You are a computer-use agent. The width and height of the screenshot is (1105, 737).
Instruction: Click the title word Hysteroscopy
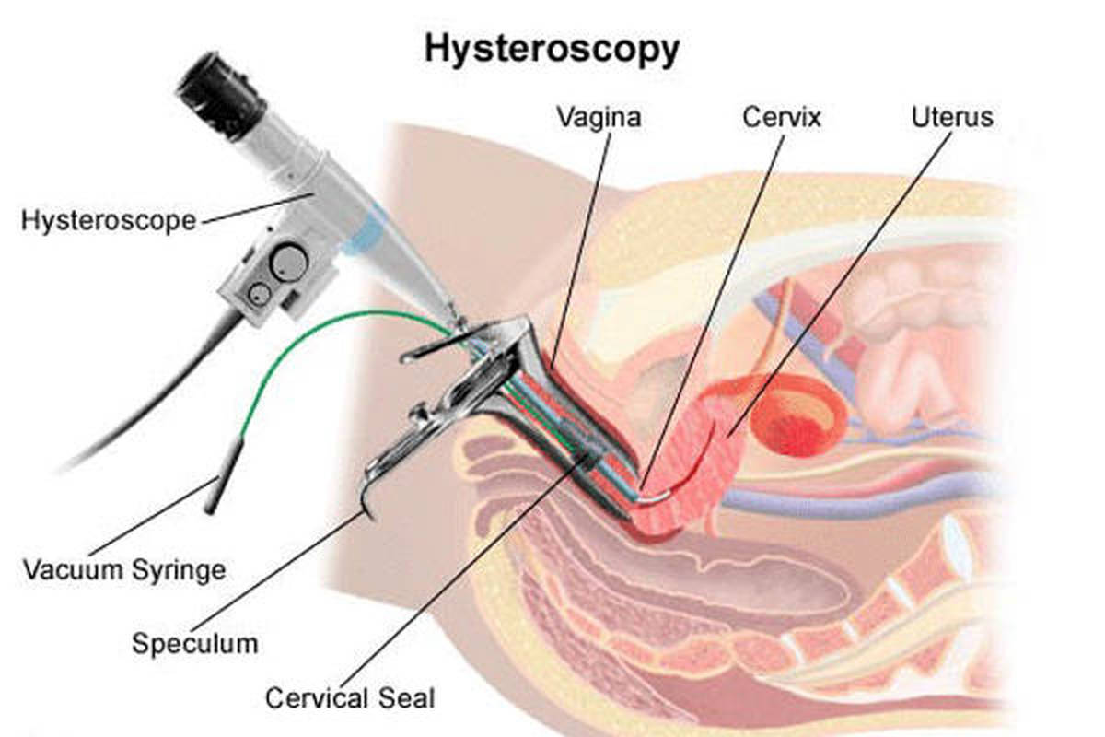click(551, 50)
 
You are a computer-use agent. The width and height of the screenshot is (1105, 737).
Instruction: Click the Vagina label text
click(599, 119)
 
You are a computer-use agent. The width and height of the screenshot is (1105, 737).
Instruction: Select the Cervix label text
click(782, 119)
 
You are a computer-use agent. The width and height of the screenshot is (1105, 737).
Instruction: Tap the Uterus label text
click(952, 119)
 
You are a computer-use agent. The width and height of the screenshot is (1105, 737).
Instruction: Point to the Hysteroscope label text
click(109, 221)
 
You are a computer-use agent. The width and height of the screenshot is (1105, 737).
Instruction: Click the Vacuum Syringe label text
click(123, 568)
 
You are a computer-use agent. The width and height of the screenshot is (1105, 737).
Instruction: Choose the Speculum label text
click(194, 642)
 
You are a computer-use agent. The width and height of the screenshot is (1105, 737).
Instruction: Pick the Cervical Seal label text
click(349, 697)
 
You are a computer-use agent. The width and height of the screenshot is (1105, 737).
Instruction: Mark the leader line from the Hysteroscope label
click(258, 207)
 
